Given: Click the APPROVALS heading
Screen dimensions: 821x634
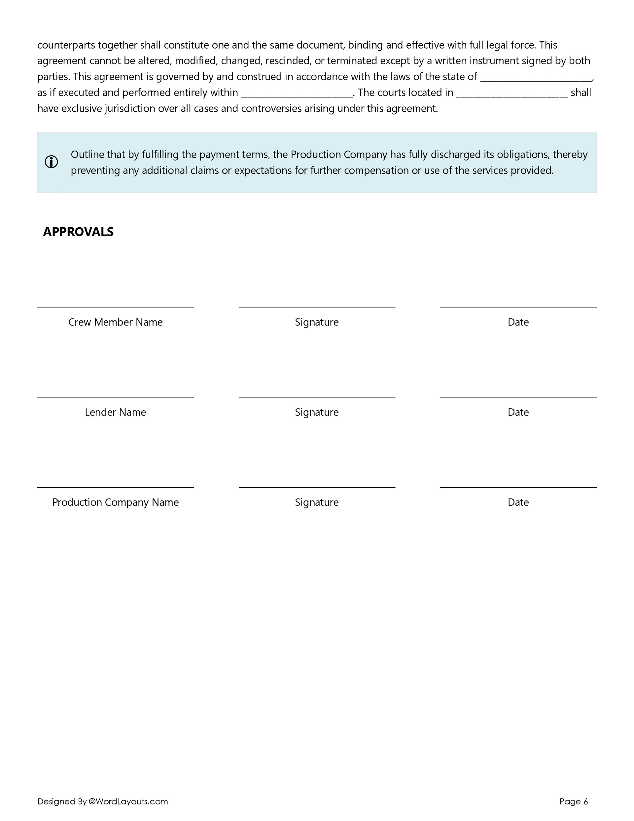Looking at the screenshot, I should click(x=78, y=232).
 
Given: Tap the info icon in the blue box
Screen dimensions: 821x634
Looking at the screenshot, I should click(x=52, y=162).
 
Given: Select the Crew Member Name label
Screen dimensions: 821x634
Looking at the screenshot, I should click(x=115, y=322).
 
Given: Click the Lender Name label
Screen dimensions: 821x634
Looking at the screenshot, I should click(x=115, y=412).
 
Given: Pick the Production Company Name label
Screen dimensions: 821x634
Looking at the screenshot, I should click(x=115, y=503).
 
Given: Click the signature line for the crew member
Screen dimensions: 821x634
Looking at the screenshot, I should click(x=317, y=306).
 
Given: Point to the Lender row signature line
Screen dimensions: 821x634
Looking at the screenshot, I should click(x=317, y=396).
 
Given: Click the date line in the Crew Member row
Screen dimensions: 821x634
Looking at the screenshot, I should click(x=518, y=306).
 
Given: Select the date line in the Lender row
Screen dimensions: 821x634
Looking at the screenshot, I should click(x=518, y=396).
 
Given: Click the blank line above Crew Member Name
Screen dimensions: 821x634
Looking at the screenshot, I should click(x=115, y=306).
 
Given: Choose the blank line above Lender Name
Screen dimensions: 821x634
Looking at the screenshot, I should click(x=115, y=396).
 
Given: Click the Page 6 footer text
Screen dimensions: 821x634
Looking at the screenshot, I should click(x=574, y=802).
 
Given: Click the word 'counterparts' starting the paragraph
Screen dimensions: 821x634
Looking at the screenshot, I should click(x=66, y=45).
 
